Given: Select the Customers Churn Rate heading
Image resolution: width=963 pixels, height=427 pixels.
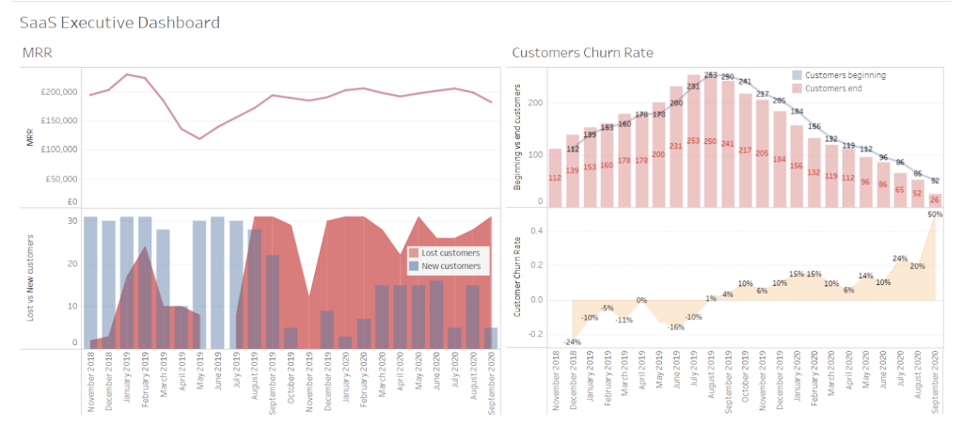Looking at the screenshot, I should point(582,53).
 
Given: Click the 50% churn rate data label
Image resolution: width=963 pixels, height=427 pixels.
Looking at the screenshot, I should point(935,214).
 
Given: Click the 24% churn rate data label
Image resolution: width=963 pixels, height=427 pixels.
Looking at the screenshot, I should point(900,259).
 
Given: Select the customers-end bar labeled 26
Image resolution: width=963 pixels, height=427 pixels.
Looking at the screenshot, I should point(935,199).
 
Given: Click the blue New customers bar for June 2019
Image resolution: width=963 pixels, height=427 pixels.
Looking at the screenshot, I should point(217,282).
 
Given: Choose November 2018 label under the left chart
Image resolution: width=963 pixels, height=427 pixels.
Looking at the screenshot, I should point(91,382).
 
